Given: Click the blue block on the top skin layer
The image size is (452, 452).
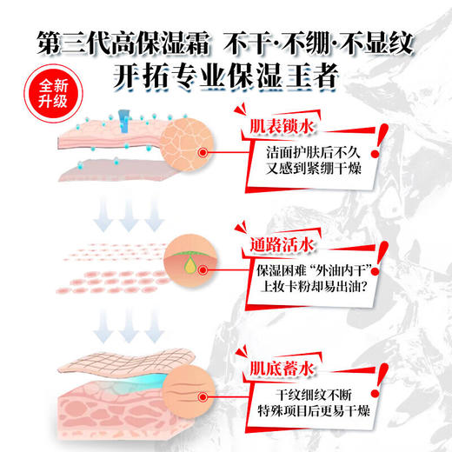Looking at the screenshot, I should pos(130,130).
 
